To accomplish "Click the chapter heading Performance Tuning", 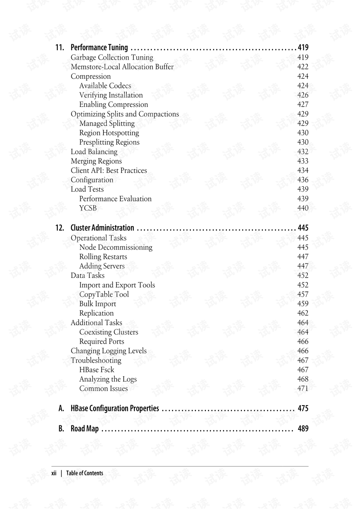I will [x=99, y=47].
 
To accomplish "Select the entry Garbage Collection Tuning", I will [x=112, y=57].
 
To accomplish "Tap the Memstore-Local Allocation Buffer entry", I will [x=122, y=67].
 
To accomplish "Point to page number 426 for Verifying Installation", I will [x=303, y=95].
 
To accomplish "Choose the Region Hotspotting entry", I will [x=109, y=133].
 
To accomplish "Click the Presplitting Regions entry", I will [x=109, y=142].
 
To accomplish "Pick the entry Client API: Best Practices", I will [x=109, y=171].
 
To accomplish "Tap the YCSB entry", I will [x=88, y=208].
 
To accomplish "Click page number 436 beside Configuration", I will [x=303, y=180].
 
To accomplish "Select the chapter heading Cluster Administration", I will [x=102, y=228].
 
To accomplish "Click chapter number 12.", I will [x=60, y=228].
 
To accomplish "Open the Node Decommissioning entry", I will [x=115, y=248].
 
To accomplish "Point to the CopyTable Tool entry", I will [x=104, y=294].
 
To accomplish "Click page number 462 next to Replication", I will [x=303, y=313].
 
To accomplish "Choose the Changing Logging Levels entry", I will [x=108, y=351].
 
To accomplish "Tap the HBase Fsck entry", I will [x=96, y=370].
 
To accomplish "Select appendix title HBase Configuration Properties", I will [x=115, y=408].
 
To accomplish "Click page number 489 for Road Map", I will [x=303, y=429].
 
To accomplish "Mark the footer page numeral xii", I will [x=54, y=473].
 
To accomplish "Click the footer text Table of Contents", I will [x=84, y=473].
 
